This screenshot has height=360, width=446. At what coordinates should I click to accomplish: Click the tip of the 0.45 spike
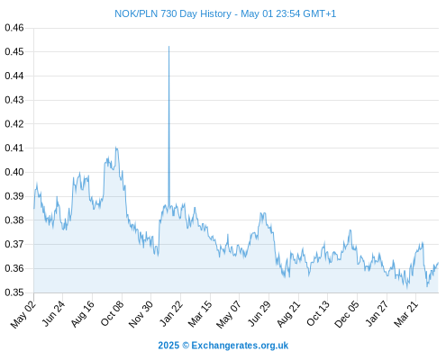click(168, 47)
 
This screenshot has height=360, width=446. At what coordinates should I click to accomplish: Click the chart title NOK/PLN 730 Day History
click(173, 13)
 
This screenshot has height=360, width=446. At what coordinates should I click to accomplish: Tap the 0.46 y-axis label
click(14, 28)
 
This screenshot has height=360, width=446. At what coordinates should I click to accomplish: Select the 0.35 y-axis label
click(14, 292)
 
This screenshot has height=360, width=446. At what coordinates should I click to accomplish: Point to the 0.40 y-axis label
click(14, 172)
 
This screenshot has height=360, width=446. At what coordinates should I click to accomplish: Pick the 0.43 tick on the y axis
click(14, 100)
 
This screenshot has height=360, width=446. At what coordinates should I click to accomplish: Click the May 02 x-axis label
click(23, 314)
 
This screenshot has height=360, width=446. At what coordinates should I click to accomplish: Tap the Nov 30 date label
click(141, 314)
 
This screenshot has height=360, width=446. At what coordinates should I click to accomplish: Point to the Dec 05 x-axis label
click(347, 314)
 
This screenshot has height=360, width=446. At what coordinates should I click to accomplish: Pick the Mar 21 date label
click(406, 314)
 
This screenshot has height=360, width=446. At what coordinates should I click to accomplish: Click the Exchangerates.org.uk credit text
click(240, 346)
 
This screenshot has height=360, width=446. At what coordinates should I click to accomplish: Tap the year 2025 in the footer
click(168, 346)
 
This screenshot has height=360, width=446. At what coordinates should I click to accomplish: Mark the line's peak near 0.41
click(116, 148)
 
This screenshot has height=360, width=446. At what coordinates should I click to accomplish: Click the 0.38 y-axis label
click(14, 220)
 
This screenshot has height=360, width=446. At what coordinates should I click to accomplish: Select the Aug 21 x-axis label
click(288, 314)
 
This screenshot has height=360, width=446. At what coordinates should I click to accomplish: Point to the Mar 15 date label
click(200, 314)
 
